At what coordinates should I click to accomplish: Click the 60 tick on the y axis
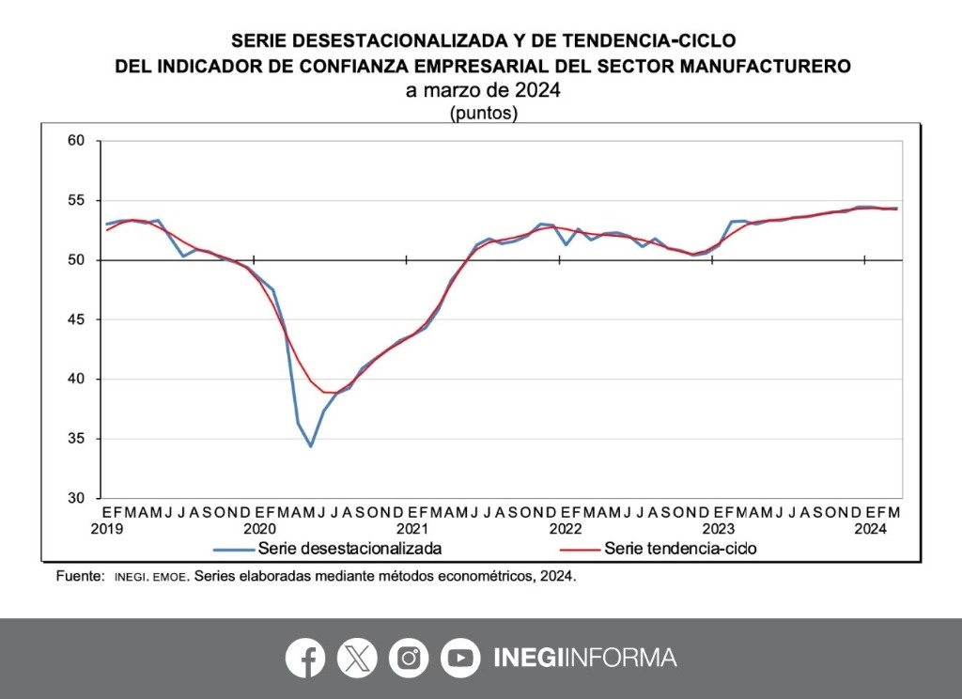point(76,141)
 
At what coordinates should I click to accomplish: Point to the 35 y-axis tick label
point(76,439)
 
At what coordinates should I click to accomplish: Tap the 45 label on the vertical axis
point(76,319)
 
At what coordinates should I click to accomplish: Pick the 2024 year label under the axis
point(870,529)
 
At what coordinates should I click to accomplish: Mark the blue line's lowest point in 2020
point(310,445)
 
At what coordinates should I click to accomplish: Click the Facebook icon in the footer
point(305,658)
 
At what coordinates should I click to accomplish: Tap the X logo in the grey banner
point(357,658)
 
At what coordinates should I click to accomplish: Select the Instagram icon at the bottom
point(409,658)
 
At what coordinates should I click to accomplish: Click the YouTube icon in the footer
point(460,658)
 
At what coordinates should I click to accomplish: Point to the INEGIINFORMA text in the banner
point(584,658)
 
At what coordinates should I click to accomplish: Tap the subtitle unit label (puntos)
point(483,114)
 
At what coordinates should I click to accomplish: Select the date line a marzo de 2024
point(483,91)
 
